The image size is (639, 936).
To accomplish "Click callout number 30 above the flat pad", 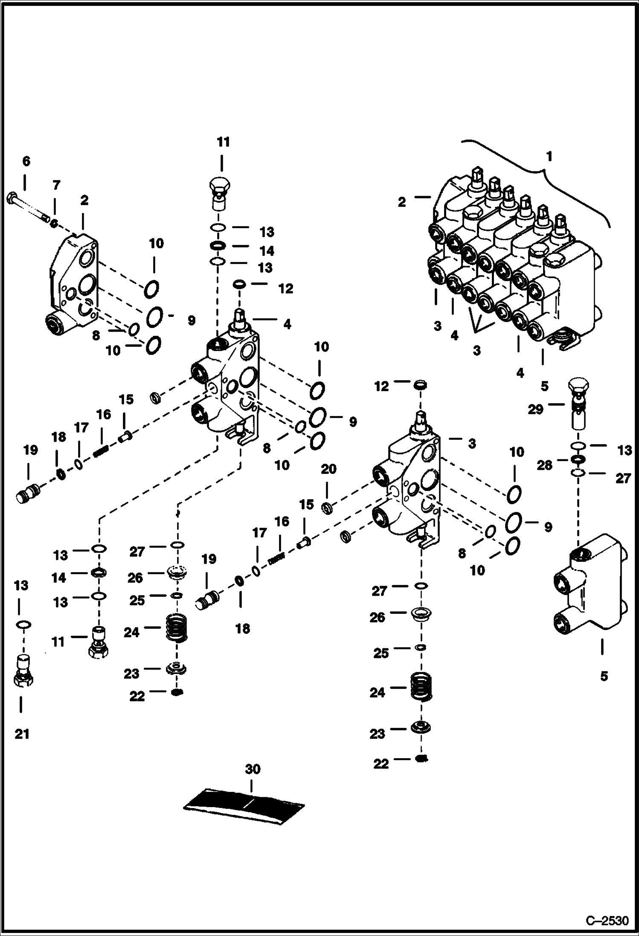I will [252, 769].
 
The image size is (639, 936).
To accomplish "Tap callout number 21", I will [22, 734].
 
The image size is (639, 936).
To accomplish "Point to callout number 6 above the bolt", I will [26, 161].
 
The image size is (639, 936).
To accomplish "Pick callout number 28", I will [544, 465].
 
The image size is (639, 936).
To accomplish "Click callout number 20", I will [328, 469].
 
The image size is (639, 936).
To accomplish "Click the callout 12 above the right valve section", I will [381, 386].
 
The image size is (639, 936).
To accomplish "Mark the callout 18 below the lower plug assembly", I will [243, 628].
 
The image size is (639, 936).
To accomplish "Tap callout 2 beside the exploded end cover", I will [84, 200].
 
